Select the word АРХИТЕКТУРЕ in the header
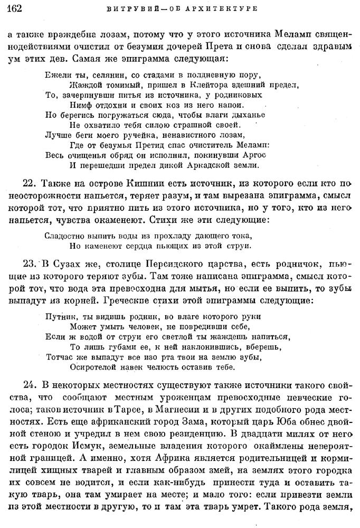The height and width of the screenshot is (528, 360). pos(228,8)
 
